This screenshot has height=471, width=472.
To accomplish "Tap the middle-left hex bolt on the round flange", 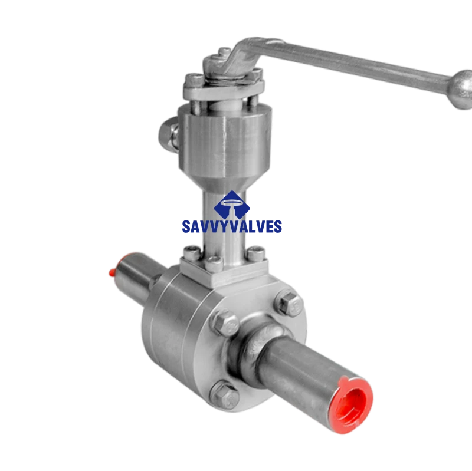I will [226, 324].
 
